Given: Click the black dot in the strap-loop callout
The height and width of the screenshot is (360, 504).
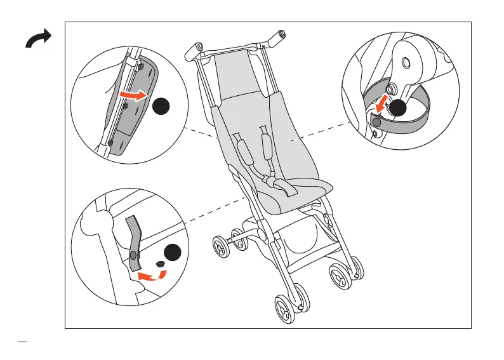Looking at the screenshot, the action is [398, 109].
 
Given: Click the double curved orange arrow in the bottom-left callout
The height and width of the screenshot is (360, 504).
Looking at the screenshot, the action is [152, 275].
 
